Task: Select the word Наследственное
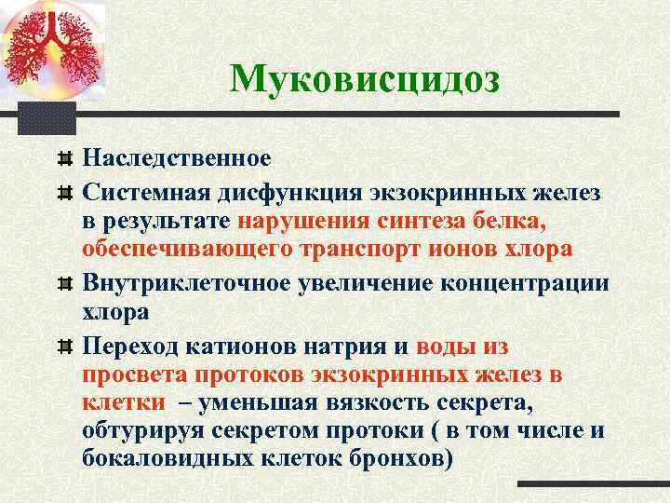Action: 177,156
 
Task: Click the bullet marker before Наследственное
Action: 64,156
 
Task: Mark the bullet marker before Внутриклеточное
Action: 64,281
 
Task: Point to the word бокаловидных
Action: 167,461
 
